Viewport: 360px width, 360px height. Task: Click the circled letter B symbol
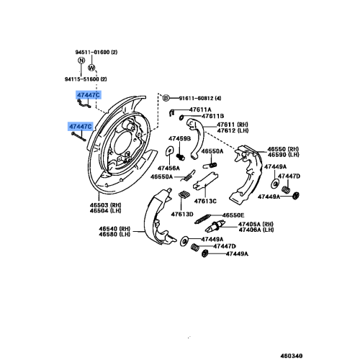tap(165, 96)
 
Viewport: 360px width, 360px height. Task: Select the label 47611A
tap(202, 109)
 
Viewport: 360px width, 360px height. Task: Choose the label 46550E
tap(233, 215)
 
